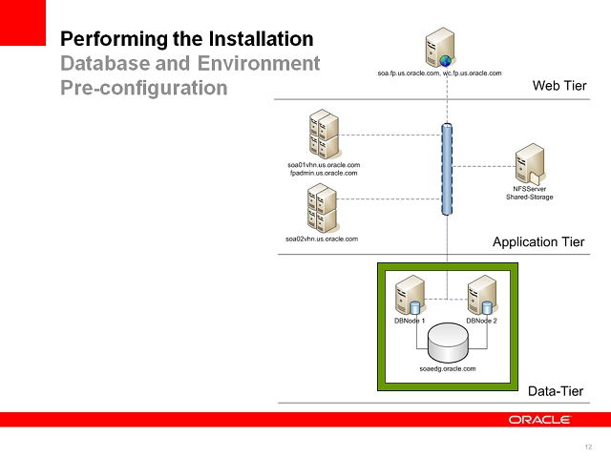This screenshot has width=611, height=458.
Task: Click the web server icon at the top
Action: [x=440, y=49]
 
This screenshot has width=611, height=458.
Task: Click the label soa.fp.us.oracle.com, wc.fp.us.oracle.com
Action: [x=440, y=73]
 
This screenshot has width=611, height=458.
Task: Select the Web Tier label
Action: [x=558, y=87]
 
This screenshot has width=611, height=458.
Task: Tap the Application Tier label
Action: [x=538, y=242]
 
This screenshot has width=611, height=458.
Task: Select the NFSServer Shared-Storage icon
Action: [x=529, y=165]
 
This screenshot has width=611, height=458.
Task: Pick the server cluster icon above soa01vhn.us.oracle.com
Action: [x=324, y=135]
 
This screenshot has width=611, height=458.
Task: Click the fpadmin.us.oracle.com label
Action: [x=324, y=174]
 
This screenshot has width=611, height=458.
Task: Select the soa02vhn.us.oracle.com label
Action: [x=322, y=238]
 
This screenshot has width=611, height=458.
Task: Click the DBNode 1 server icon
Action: [x=411, y=295]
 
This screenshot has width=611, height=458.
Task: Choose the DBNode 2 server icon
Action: [x=482, y=295]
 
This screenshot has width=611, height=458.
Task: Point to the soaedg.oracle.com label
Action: [x=447, y=367]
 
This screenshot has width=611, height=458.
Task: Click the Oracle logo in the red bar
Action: [x=539, y=420]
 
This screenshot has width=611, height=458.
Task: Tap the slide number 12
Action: [x=587, y=447]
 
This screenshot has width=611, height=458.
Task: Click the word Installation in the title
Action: [x=256, y=39]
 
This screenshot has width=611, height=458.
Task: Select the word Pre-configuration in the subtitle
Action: [x=144, y=88]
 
